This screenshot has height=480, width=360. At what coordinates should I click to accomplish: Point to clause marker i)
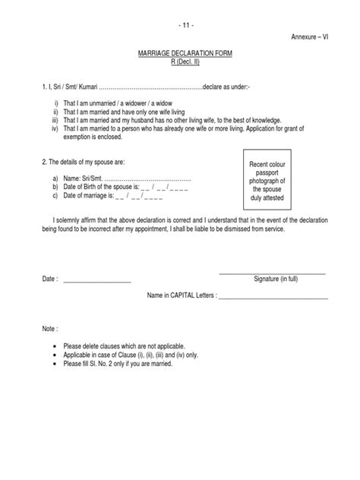[55, 104]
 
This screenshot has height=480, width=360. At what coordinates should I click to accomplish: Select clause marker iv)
[55, 128]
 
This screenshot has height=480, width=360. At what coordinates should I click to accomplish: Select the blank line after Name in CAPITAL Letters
[273, 297]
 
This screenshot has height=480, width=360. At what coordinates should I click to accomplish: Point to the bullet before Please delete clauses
[56, 346]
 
